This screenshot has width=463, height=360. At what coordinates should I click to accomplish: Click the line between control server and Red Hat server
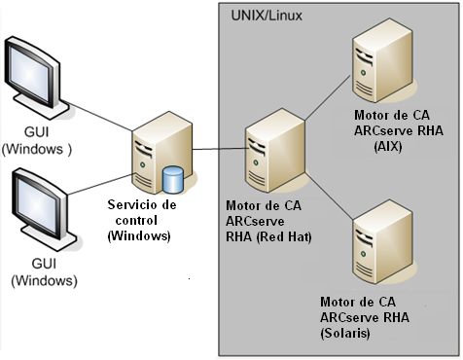pos(213,148)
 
